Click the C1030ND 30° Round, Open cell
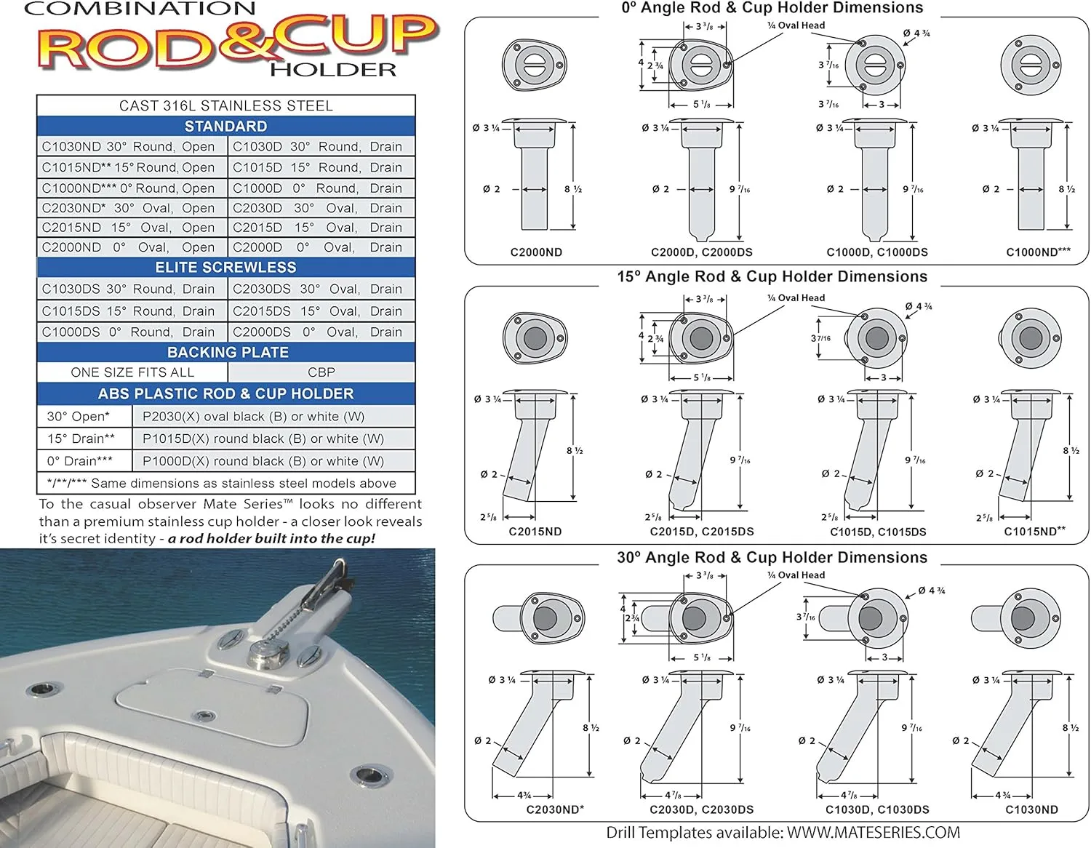132,146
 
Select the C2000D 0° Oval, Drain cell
321,247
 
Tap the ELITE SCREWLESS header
226,268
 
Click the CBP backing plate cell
321,372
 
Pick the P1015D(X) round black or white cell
273,439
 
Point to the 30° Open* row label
84,417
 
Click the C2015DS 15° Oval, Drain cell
321,311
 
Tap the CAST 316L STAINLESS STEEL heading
226,106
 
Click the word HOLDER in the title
333,70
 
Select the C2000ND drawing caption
536,252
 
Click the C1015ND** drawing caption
1034,532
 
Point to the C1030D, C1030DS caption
877,809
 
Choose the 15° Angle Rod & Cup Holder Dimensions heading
772,276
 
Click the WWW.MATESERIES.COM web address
873,833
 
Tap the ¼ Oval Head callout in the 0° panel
796,25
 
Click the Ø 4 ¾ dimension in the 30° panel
932,591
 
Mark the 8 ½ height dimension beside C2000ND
573,189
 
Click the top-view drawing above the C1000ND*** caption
1030,65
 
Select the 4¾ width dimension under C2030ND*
524,795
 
